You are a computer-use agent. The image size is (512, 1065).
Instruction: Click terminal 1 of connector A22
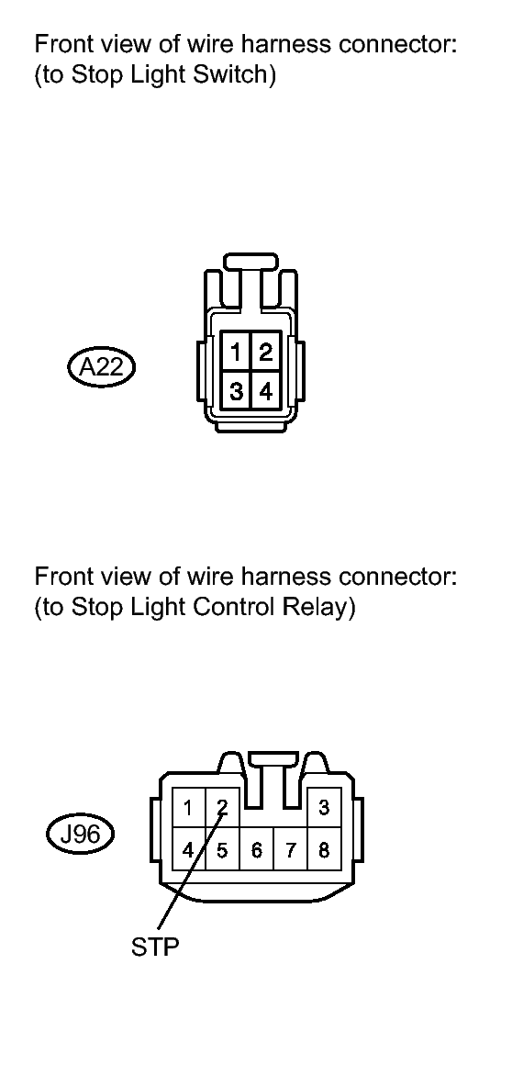tap(237, 351)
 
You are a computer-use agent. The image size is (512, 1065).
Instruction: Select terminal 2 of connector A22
tap(265, 351)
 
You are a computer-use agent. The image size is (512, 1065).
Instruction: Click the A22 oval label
tap(101, 367)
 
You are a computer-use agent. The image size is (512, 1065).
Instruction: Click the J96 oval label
tap(80, 834)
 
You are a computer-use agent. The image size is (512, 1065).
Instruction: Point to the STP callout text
tap(155, 947)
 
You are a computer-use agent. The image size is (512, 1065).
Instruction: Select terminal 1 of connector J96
tap(188, 808)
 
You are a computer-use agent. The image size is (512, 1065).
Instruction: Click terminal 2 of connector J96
tap(222, 808)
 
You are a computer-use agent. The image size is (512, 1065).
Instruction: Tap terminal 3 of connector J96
tap(324, 808)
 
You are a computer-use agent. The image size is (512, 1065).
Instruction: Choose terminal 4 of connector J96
tap(188, 849)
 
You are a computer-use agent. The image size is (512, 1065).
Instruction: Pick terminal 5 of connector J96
tap(222, 849)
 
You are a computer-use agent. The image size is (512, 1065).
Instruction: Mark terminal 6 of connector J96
tap(256, 849)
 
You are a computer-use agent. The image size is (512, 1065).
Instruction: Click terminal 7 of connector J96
tap(290, 849)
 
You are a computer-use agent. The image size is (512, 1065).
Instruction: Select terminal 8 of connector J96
tap(324, 849)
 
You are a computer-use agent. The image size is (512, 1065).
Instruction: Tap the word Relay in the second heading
tap(321, 607)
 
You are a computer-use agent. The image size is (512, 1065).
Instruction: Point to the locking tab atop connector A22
tap(250, 262)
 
